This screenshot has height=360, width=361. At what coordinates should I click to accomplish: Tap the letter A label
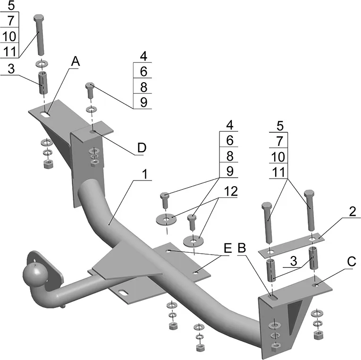tap(76, 61)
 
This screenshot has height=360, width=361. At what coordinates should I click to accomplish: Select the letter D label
tap(141, 148)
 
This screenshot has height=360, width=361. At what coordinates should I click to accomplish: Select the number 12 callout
tap(231, 192)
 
